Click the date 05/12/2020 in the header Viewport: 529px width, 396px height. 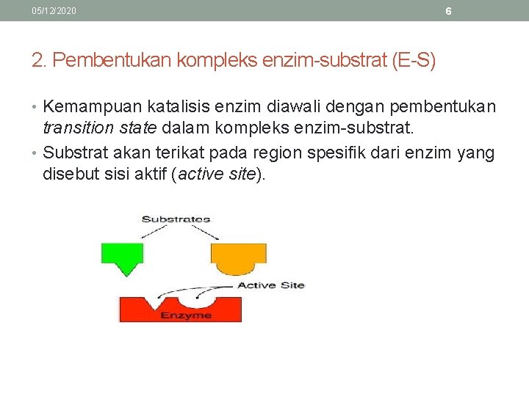[x=54, y=12]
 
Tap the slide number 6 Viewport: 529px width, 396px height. [x=448, y=12]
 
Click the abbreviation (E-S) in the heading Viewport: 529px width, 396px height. [x=414, y=60]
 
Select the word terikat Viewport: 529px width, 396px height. [x=183, y=153]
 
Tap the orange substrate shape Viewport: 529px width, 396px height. [x=238, y=254]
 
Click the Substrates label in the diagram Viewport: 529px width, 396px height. [x=176, y=219]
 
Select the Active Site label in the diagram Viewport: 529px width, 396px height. [x=270, y=285]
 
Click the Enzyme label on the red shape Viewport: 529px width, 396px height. [x=186, y=315]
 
